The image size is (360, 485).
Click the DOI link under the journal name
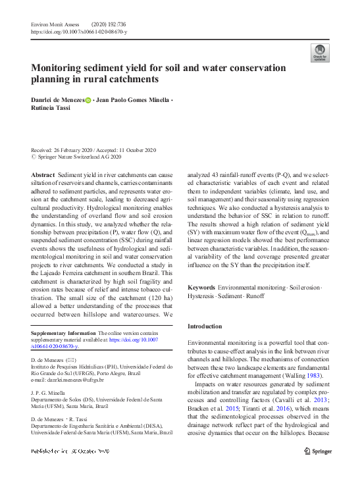80,32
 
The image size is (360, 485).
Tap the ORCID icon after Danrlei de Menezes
88,100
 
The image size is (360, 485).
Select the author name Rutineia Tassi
53,110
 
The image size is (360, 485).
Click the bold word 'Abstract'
43,174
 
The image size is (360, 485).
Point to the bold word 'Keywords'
201,288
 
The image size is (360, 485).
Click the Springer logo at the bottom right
318,451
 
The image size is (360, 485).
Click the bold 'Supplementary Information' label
68,334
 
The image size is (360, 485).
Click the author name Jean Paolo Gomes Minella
132,100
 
